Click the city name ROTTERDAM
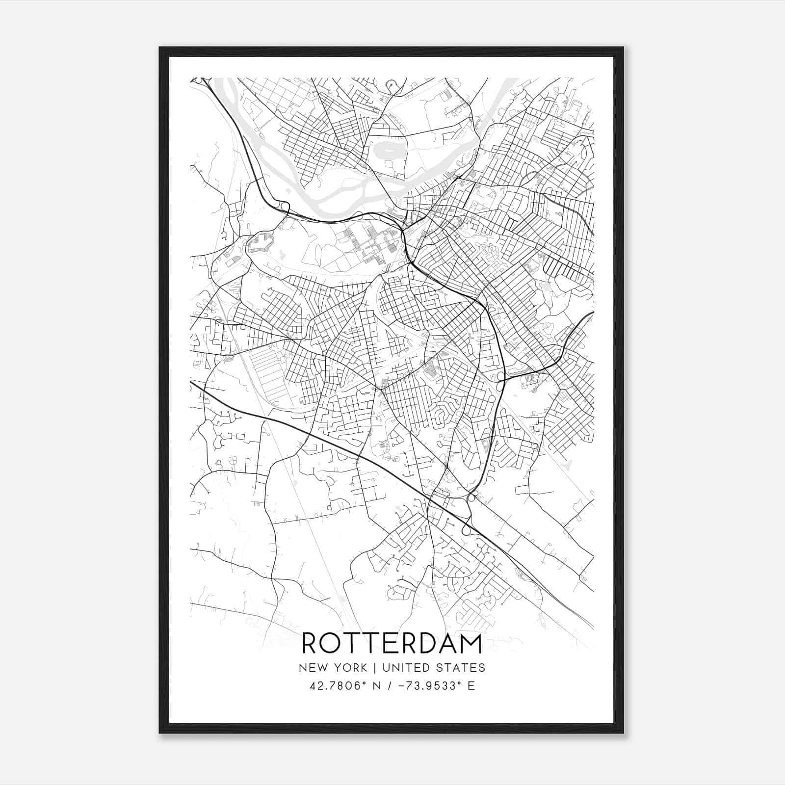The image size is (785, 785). click(x=392, y=644)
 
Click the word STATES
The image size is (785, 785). click(x=461, y=668)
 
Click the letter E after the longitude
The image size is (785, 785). click(x=471, y=686)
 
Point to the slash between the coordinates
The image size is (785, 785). click(x=390, y=686)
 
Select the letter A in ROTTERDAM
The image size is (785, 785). click(x=447, y=644)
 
